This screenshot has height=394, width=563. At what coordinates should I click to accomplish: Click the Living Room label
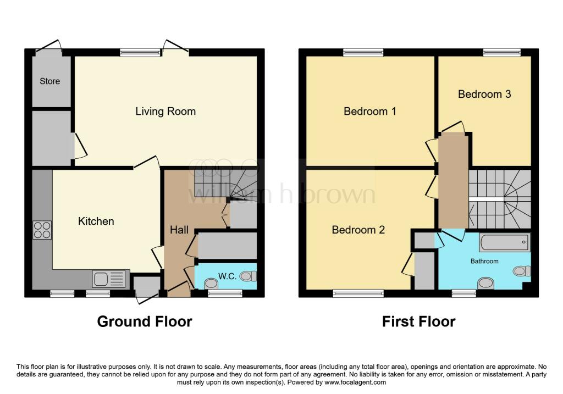pyautogui.click(x=165, y=112)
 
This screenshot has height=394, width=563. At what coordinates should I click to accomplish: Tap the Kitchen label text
pyautogui.click(x=96, y=221)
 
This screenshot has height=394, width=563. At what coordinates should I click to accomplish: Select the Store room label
pyautogui.click(x=49, y=81)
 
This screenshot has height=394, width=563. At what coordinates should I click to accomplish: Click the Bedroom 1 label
pyautogui.click(x=369, y=112)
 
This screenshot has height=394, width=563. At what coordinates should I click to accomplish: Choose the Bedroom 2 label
pyautogui.click(x=358, y=230)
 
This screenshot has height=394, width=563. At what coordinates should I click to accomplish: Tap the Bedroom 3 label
pyautogui.click(x=484, y=94)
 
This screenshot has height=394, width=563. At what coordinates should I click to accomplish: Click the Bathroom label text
pyautogui.click(x=484, y=261)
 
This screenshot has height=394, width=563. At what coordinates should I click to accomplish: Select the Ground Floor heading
pyautogui.click(x=145, y=321)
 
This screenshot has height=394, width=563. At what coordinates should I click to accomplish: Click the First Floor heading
pyautogui.click(x=418, y=321)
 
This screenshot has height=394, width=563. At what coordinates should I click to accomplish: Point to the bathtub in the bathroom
pyautogui.click(x=504, y=242)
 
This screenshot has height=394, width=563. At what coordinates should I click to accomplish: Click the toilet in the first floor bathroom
pyautogui.click(x=523, y=270)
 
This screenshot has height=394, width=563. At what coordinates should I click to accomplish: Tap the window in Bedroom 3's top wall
pyautogui.click(x=501, y=52)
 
